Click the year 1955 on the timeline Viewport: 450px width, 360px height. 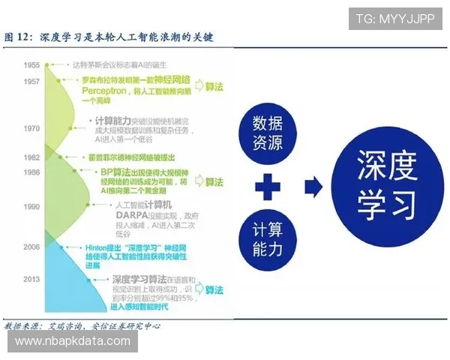click(x=31, y=66)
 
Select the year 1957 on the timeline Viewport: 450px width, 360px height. click(x=31, y=81)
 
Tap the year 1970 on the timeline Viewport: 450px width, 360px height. click(x=31, y=128)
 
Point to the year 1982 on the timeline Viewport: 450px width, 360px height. click(x=31, y=157)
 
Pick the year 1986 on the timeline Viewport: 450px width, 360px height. click(x=31, y=172)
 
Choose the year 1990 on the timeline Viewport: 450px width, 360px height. click(x=31, y=205)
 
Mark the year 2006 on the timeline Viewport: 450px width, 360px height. click(x=31, y=247)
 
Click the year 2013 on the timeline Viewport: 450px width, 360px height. click(x=31, y=279)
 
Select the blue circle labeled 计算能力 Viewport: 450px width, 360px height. click(x=268, y=239)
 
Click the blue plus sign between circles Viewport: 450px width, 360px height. click(x=268, y=187)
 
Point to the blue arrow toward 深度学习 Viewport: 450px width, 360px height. click(x=313, y=187)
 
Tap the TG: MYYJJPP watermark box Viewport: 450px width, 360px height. click(x=395, y=19)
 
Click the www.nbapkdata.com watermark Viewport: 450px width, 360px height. click(x=72, y=341)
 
